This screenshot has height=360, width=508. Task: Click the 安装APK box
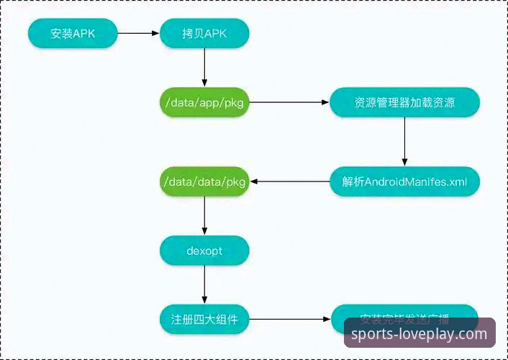[73, 33]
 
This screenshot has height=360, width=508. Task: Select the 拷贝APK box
[204, 33]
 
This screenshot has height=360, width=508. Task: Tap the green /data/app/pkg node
[204, 103]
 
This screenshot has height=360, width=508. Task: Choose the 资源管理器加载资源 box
[404, 103]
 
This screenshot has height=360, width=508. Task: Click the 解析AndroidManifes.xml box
[404, 182]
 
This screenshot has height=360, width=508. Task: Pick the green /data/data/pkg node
[204, 182]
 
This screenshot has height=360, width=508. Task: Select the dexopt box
[204, 250]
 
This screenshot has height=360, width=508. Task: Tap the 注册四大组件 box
[204, 318]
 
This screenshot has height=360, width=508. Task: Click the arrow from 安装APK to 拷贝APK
[138, 33]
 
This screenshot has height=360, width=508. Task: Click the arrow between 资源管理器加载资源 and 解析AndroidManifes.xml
[404, 143]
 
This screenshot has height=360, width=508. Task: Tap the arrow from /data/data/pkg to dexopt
[204, 216]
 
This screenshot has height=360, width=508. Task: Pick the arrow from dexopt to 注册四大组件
[204, 284]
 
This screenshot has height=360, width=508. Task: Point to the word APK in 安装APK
[83, 33]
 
